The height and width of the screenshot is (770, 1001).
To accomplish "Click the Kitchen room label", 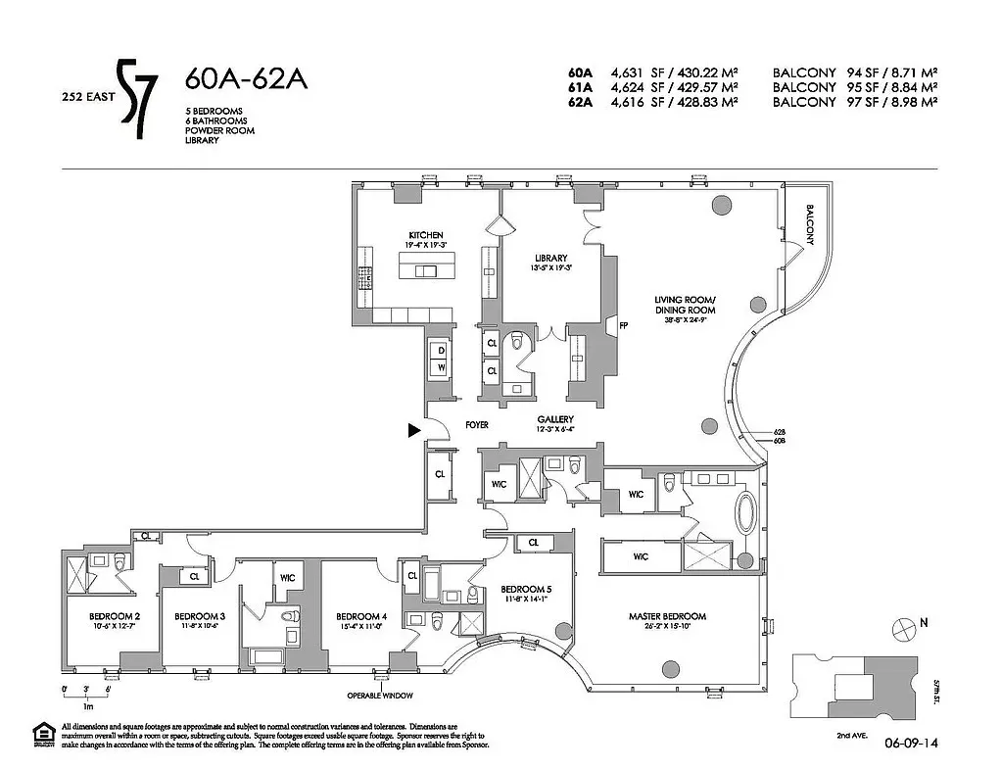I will coord(427,235).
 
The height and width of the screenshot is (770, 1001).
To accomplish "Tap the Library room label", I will coord(551,258).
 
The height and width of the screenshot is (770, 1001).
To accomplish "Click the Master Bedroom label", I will coord(667,616).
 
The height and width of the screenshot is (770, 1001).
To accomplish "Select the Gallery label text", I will coord(554,418).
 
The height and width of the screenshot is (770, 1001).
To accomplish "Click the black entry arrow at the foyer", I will coord(415,429).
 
